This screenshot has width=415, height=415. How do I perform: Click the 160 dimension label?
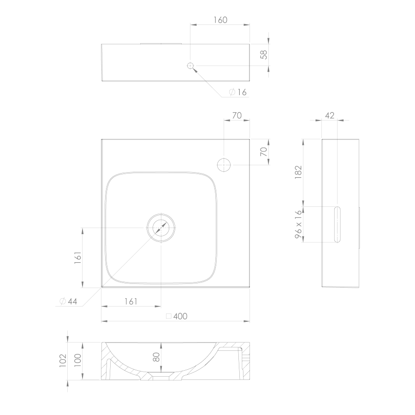220,20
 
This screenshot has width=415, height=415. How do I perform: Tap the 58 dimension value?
264,54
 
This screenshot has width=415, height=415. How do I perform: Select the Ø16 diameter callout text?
237,92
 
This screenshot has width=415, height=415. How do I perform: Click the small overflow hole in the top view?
190,66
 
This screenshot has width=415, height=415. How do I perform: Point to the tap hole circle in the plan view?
224,165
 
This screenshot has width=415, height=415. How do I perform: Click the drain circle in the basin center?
161,228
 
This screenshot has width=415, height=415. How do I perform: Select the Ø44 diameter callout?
69,301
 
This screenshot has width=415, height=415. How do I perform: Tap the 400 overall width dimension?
180,316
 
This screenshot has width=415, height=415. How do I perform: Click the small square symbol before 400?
169,316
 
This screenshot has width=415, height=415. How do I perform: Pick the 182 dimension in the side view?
298,172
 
